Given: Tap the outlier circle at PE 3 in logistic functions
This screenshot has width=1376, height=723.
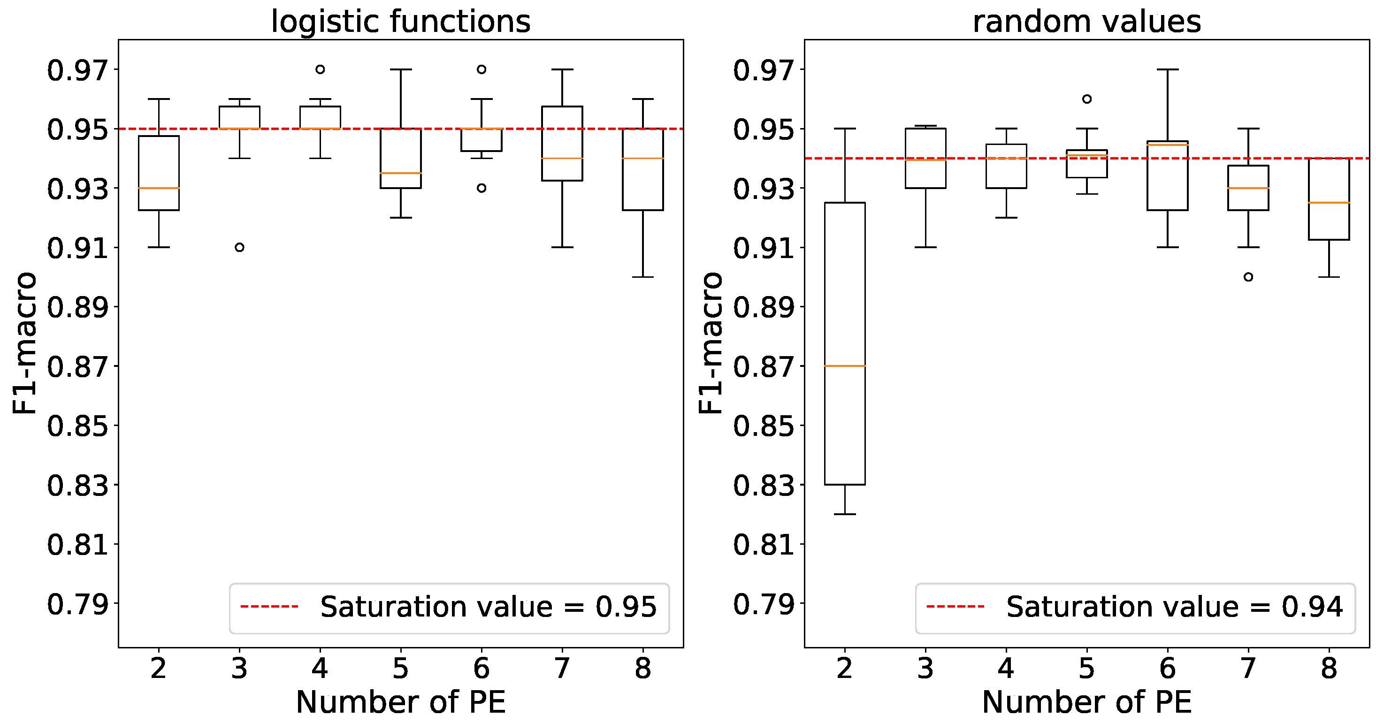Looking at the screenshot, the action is click(239, 247).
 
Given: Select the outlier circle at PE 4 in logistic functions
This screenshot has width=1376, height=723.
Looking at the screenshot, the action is click(320, 69).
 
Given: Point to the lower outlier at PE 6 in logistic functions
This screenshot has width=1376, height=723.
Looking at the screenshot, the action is click(482, 188).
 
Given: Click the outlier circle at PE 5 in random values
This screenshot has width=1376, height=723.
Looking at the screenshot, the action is click(1086, 99).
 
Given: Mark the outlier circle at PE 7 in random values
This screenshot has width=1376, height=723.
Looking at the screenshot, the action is click(1248, 277).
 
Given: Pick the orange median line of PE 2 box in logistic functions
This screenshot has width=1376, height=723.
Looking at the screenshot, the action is click(159, 188).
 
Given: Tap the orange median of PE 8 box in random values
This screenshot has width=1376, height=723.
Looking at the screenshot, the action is click(1329, 203).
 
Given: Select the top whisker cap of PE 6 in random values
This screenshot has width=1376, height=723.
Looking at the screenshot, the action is click(1168, 69).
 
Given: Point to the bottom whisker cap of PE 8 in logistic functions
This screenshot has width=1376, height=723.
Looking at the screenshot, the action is click(643, 277).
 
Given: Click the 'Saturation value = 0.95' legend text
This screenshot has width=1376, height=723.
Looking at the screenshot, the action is click(488, 607).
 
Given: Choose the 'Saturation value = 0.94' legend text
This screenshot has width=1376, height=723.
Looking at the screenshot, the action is click(1174, 607).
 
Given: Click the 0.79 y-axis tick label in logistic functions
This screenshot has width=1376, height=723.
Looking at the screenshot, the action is click(77, 604).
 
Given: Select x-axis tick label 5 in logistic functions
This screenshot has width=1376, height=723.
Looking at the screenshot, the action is click(401, 668).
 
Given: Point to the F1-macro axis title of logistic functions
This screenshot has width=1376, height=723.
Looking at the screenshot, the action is click(24, 343).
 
